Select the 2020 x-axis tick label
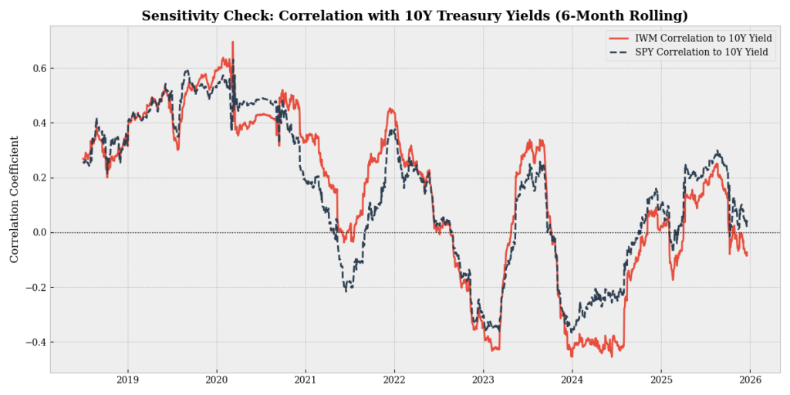[216, 381]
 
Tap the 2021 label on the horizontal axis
[306, 381]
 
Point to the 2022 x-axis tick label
[394, 381]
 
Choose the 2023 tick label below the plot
[483, 381]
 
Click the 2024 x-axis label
[572, 381]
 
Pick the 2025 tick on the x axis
[661, 381]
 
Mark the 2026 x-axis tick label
[750, 381]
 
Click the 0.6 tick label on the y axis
[36, 69]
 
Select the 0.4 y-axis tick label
[36, 123]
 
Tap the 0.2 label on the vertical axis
[36, 178]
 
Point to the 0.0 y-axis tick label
[36, 233]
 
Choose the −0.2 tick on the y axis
[34, 288]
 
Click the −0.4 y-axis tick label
[34, 343]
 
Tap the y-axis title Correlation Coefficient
[15, 199]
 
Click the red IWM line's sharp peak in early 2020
[232, 42]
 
